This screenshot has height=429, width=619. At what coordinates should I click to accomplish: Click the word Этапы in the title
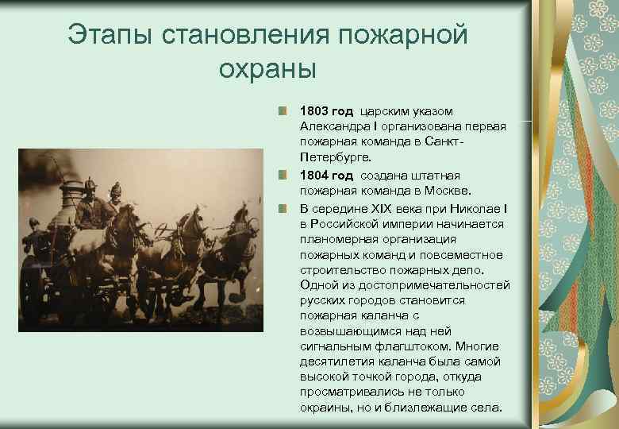tap(112, 36)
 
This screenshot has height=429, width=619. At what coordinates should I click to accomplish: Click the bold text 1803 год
tap(326, 111)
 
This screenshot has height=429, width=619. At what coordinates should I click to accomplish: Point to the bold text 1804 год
tap(326, 175)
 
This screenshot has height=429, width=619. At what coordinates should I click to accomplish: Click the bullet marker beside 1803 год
tap(283, 111)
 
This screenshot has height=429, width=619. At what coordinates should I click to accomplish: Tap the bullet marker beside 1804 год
tap(283, 175)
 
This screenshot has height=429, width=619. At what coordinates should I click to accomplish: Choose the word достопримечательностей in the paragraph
tap(432, 285)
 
